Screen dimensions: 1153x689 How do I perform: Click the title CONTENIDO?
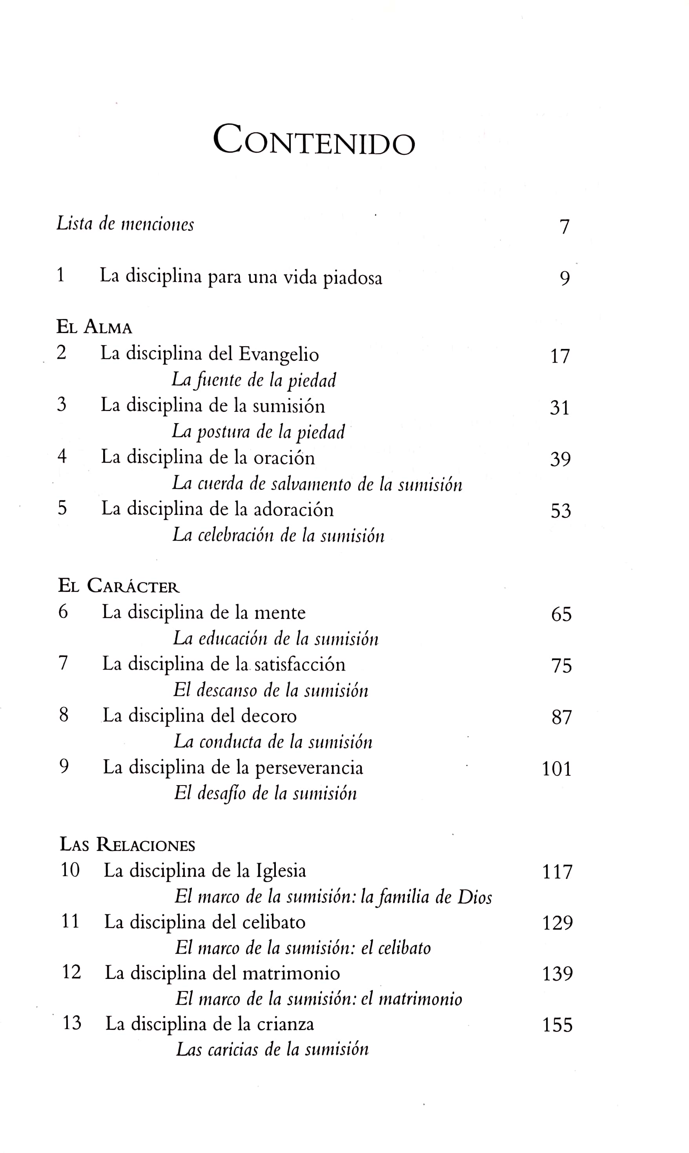tap(314, 140)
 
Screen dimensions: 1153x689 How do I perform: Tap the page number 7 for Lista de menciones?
tap(564, 227)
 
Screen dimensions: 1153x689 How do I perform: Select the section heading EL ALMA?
tap(94, 327)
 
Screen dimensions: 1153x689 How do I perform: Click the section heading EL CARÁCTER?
tap(119, 586)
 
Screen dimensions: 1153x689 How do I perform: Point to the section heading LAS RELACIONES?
tap(127, 845)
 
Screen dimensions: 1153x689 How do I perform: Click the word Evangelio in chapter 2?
tap(279, 355)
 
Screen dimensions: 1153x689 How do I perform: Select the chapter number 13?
tap(71, 1023)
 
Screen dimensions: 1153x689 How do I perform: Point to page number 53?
tap(560, 511)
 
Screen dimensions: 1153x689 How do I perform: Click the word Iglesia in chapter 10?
tap(281, 871)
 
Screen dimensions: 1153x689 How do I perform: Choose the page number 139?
tap(558, 974)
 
